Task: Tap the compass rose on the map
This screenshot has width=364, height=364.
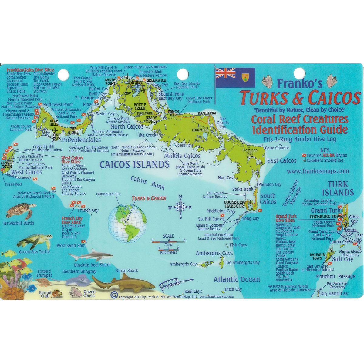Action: (x=180, y=207)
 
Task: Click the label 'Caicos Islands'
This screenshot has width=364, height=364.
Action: (x=134, y=165)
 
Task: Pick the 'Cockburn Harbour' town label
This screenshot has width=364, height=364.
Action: (x=234, y=204)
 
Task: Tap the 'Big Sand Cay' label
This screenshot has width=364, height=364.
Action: (x=334, y=294)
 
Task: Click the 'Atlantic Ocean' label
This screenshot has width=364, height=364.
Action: (x=237, y=279)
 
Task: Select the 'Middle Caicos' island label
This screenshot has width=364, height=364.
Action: (x=182, y=156)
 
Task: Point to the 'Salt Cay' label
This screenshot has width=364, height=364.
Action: (x=342, y=259)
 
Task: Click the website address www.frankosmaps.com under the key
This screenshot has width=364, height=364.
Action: (x=318, y=171)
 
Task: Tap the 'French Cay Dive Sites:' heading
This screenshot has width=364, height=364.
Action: (x=72, y=220)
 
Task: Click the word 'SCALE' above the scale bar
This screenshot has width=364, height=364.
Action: (x=168, y=236)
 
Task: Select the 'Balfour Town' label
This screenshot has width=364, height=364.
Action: (x=317, y=256)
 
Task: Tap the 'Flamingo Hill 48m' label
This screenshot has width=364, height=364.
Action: (x=250, y=153)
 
